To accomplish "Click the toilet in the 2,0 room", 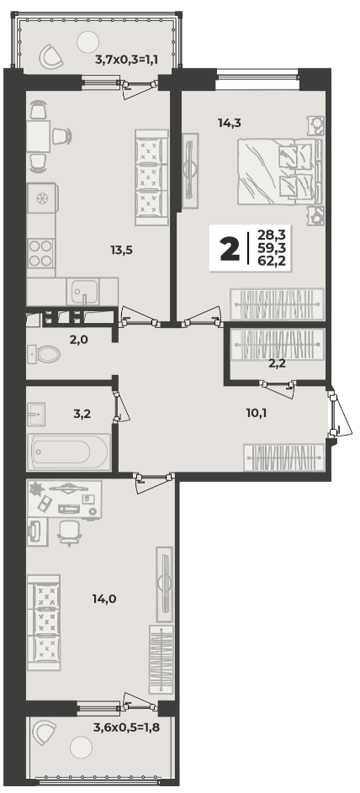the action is [x=44, y=353].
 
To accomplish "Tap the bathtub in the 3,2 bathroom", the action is [x=69, y=451].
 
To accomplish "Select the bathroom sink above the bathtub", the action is [x=36, y=415].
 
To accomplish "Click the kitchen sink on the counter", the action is [x=83, y=291].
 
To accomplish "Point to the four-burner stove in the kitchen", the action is [x=41, y=253].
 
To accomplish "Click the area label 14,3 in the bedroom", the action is [x=229, y=122].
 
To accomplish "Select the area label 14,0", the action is [x=104, y=600].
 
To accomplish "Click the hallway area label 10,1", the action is [x=257, y=413].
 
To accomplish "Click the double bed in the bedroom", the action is [x=279, y=172].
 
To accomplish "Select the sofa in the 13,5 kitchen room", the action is [x=151, y=177].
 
